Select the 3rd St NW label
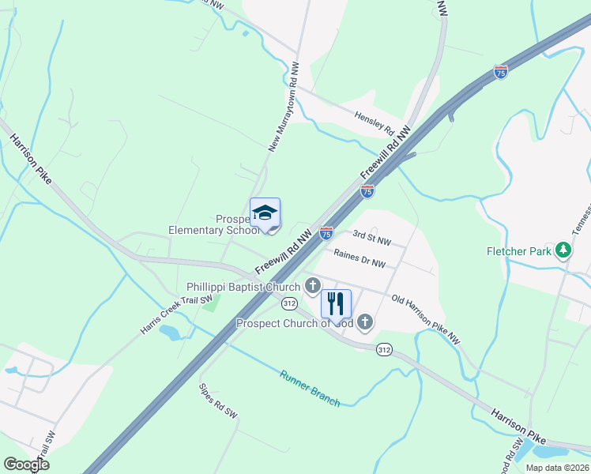click(x=372, y=236)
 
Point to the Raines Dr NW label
click(x=359, y=258)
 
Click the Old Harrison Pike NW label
click(x=425, y=319)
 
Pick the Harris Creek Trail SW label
click(x=178, y=314)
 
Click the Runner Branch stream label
click(x=310, y=388)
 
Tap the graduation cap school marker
click(x=265, y=213)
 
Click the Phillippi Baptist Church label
click(x=243, y=287)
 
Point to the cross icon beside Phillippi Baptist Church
click(x=313, y=286)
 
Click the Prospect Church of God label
click(x=295, y=323)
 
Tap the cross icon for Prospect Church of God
click(x=364, y=322)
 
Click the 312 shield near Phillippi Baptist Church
click(x=289, y=303)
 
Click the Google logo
click(x=26, y=465)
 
